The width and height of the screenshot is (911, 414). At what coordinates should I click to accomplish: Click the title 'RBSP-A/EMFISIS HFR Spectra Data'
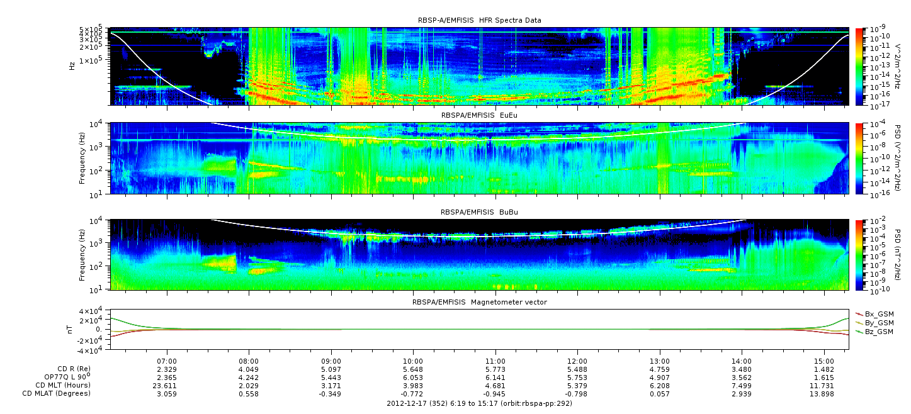point(480,20)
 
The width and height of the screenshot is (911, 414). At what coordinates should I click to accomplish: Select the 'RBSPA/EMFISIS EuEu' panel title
point(480,115)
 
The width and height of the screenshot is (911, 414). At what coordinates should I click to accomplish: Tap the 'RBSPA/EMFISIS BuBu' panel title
point(479,212)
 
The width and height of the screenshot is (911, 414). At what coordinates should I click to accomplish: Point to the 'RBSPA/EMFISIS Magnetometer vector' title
point(480,302)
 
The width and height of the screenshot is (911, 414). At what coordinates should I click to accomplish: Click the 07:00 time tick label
point(167,361)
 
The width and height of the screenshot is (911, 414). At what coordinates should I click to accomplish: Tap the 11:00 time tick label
point(495,361)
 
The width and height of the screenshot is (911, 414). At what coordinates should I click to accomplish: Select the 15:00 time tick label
point(824,361)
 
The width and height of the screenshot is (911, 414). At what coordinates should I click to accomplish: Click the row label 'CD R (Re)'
point(74,369)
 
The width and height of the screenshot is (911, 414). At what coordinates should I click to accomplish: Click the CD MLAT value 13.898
point(824,394)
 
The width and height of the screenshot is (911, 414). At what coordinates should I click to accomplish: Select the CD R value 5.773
point(495,370)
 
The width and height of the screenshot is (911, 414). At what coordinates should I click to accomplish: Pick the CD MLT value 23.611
point(167,386)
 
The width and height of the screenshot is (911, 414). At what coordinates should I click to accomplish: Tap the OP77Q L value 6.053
point(413,378)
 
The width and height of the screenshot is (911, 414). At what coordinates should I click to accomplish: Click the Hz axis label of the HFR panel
point(72,66)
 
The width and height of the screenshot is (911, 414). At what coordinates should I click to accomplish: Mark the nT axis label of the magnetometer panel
point(69,330)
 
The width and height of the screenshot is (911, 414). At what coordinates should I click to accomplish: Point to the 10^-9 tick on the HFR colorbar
point(877,28)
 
